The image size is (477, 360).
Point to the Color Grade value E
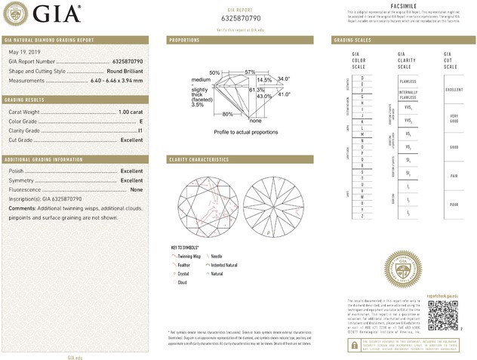140,121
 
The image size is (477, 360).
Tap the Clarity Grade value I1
140,131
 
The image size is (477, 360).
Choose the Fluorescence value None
137,190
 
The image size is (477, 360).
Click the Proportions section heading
184,39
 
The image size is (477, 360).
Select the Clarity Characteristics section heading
198,160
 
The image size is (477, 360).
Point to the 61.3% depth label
256,90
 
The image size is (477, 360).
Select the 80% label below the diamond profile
226,114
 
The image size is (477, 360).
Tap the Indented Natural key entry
225,266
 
